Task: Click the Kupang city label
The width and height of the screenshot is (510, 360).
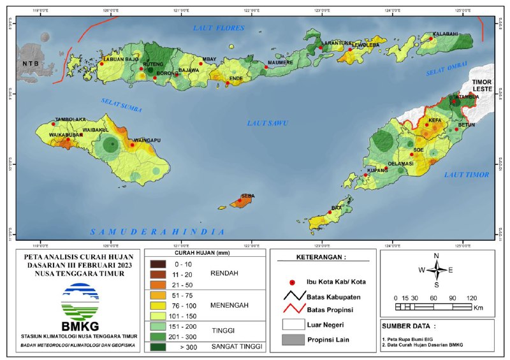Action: tap(377, 171)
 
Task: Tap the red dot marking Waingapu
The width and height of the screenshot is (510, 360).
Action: tap(132, 145)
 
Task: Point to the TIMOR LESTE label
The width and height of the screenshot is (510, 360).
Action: tap(487, 87)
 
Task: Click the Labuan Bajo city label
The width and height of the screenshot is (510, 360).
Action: tap(121, 59)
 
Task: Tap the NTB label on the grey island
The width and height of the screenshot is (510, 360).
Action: tap(30, 64)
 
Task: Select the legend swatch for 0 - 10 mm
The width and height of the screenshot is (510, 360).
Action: tap(158, 263)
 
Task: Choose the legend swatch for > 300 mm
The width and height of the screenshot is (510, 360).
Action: tap(158, 347)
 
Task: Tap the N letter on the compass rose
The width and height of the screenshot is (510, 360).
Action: tap(437, 256)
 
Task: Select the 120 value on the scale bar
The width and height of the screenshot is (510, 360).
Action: tap(472, 298)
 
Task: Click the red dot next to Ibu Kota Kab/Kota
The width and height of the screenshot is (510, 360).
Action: tap(293, 282)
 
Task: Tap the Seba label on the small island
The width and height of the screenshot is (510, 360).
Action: tap(247, 196)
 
